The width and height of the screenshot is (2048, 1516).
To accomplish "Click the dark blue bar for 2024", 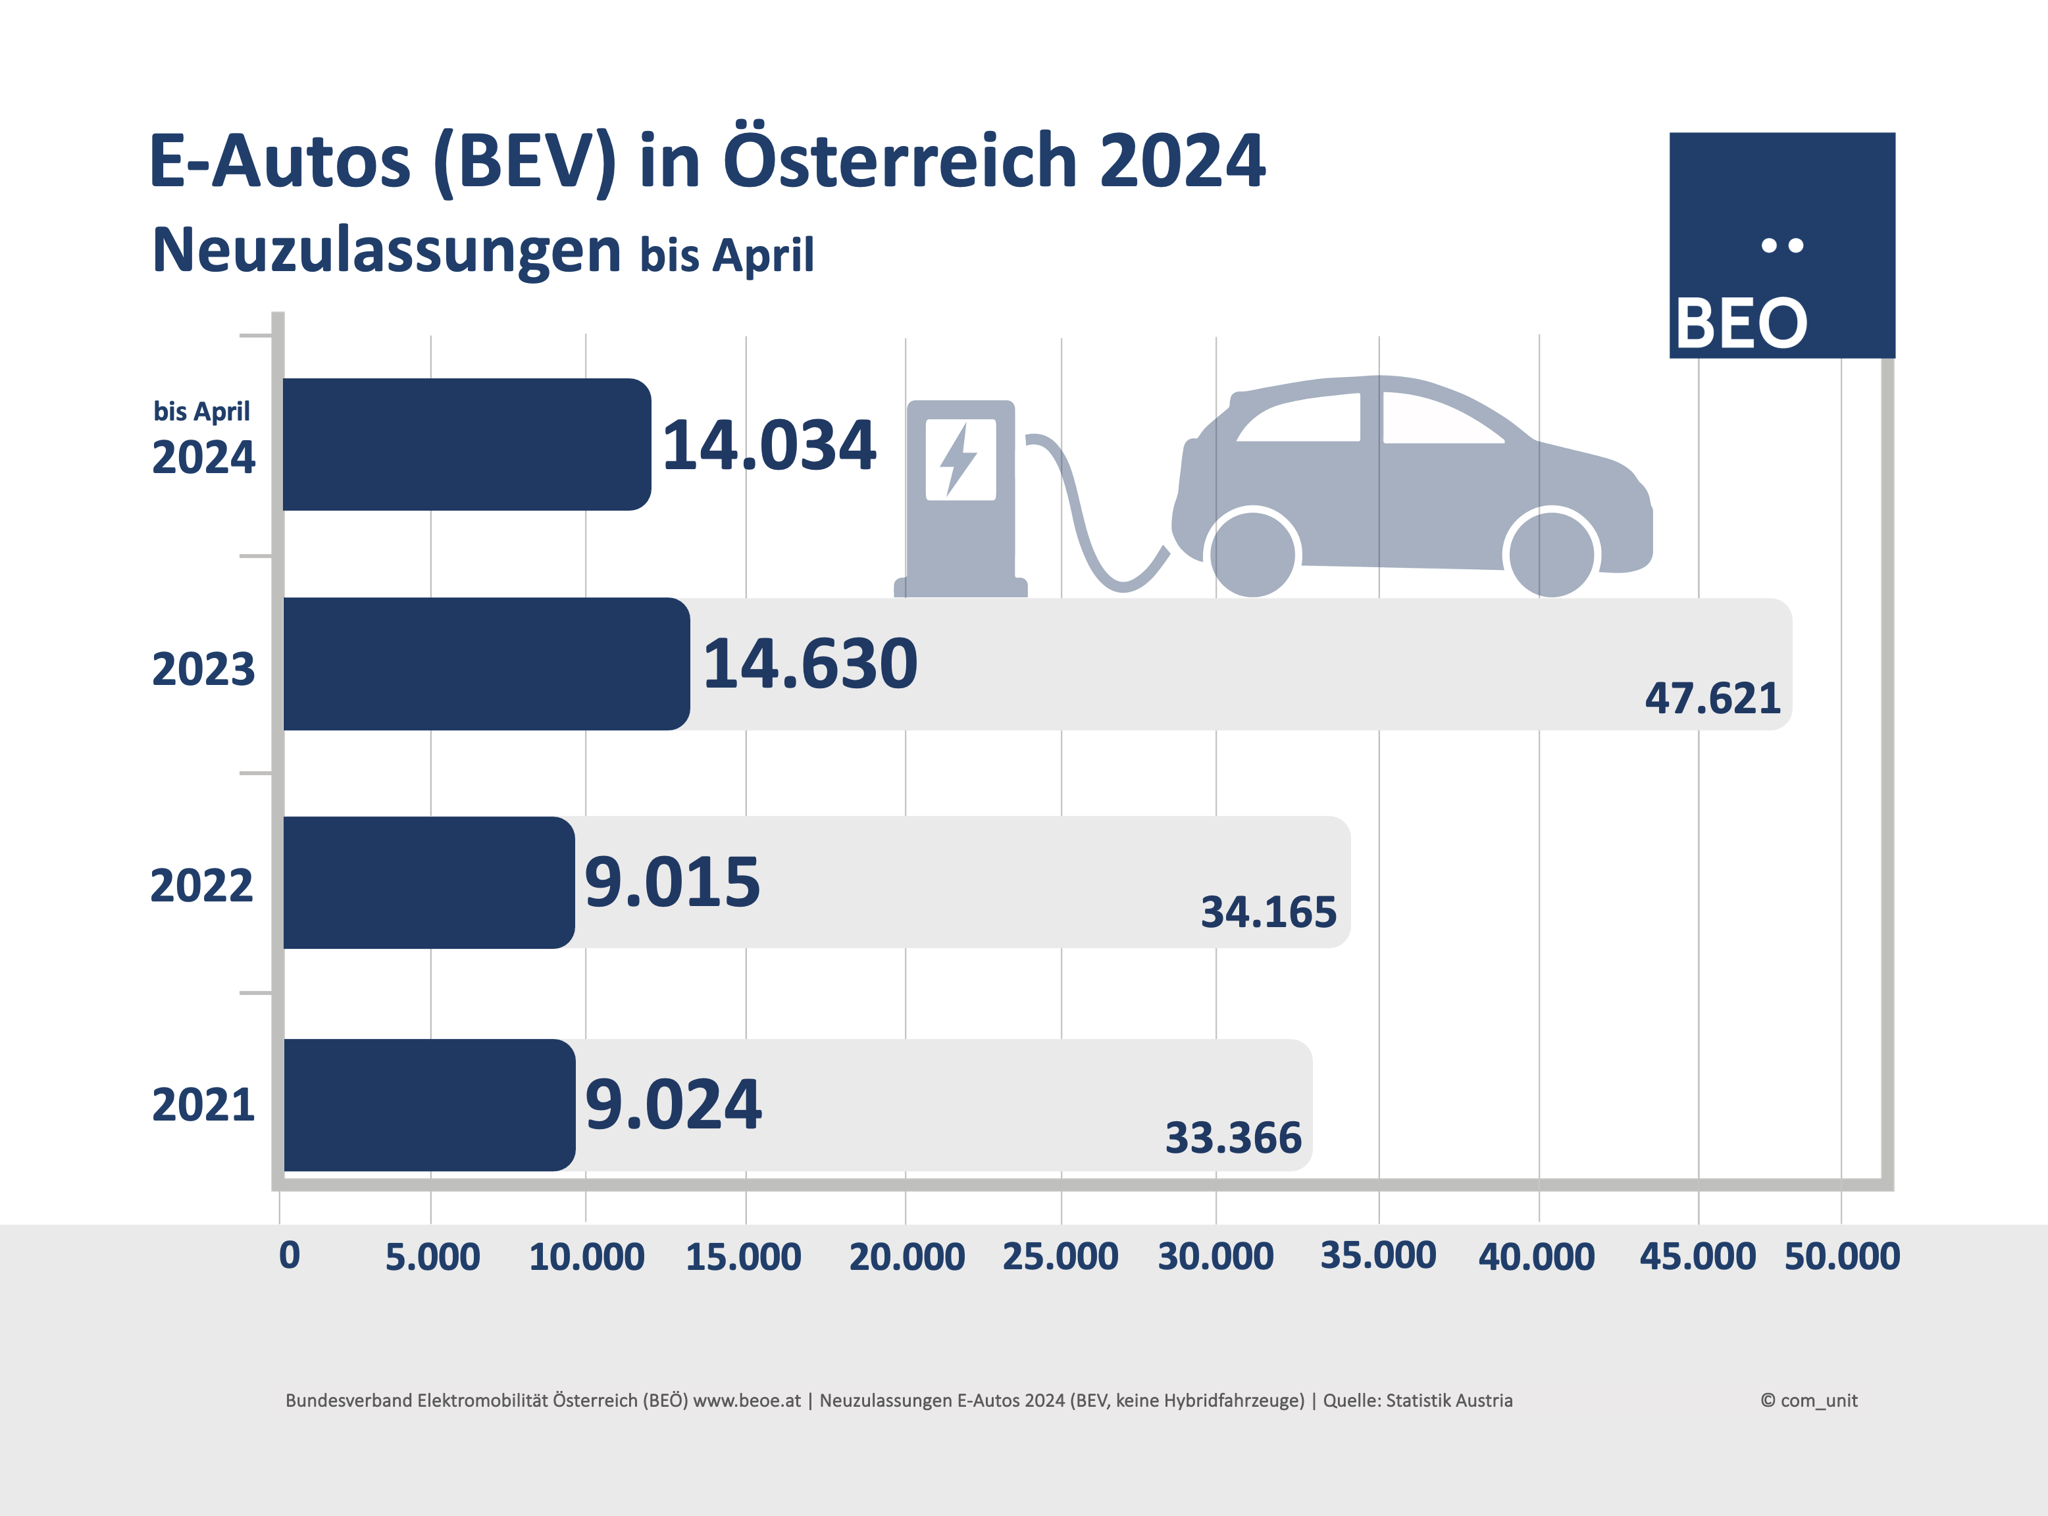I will (x=466, y=444).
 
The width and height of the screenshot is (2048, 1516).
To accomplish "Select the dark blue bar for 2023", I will (x=486, y=663).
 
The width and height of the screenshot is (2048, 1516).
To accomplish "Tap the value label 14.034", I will (x=769, y=446).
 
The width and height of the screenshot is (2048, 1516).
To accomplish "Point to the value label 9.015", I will (x=673, y=883).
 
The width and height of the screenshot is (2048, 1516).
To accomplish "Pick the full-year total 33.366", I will (x=1233, y=1138).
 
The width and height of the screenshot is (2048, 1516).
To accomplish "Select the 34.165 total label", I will (x=1268, y=912).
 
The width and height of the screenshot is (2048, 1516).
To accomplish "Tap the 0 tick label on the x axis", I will (x=289, y=1255).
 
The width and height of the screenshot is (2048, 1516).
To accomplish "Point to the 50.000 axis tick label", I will (x=1841, y=1256).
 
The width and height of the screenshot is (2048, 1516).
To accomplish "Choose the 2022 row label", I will (x=202, y=886).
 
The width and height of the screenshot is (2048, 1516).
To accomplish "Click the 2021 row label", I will (x=203, y=1105).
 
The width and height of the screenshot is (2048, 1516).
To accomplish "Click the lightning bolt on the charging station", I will (x=960, y=459).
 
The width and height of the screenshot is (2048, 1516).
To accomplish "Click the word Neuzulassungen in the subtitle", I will (x=386, y=251).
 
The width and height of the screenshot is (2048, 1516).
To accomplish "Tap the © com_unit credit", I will (x=1808, y=1400).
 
